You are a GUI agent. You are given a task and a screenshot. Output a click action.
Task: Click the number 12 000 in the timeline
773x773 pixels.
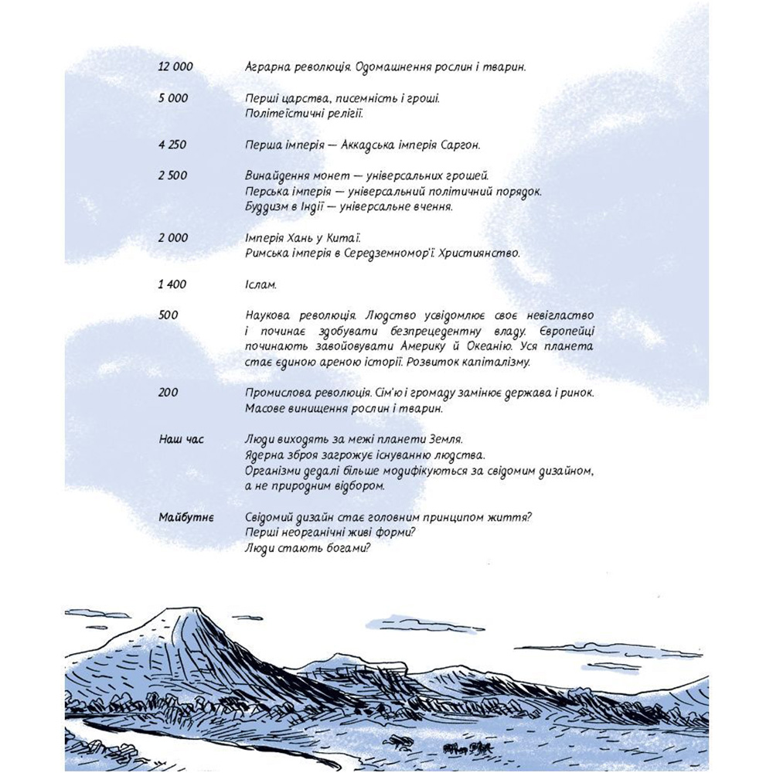[175, 67]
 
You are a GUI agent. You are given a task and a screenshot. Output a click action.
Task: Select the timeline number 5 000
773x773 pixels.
[172, 98]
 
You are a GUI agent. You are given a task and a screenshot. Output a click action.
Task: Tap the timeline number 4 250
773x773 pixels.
[172, 145]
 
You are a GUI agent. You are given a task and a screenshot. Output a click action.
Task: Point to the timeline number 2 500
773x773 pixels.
[172, 175]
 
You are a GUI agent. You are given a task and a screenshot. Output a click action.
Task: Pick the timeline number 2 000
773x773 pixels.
[172, 237]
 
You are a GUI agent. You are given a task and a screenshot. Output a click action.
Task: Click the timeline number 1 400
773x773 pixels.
[172, 284]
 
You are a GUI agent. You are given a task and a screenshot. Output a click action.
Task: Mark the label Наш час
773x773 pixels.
[182, 439]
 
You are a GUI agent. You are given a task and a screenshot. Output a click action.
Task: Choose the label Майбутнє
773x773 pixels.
[186, 516]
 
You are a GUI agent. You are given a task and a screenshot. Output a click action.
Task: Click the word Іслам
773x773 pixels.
[261, 284]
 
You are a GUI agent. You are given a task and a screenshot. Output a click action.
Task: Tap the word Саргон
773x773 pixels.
[459, 145]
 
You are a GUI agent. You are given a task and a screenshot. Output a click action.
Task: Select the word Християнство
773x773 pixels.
[478, 253]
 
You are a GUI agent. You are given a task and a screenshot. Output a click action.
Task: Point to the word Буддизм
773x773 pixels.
[267, 207]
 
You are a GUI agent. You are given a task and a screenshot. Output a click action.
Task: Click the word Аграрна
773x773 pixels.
[267, 67]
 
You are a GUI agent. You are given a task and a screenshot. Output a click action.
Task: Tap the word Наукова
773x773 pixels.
[267, 315]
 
